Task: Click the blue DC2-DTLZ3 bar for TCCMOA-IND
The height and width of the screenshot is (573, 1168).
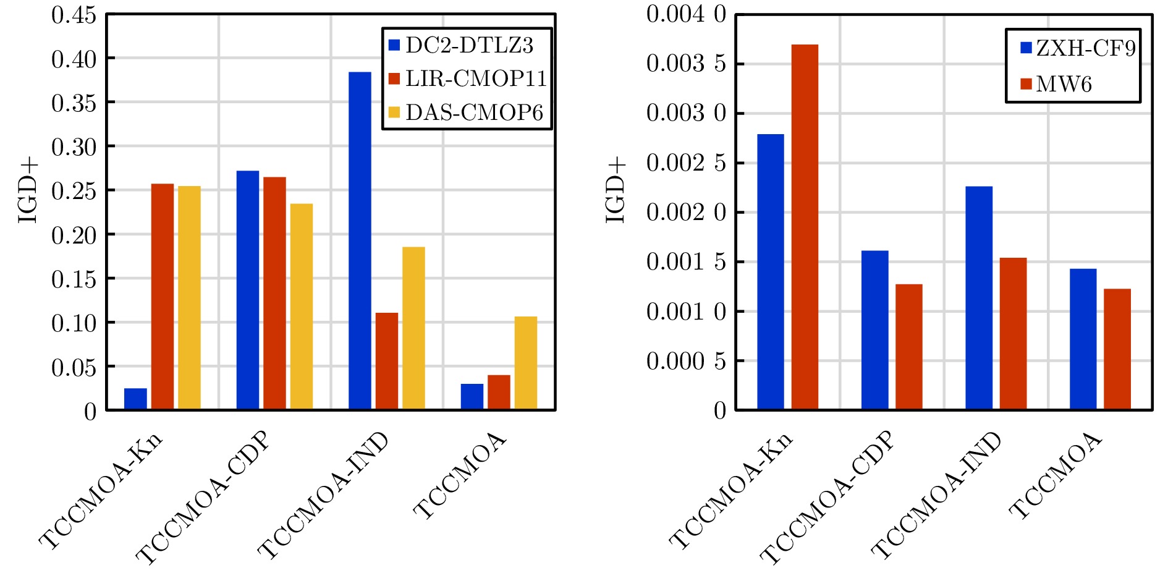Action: click(360, 241)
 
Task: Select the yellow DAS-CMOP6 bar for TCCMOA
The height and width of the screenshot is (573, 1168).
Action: click(525, 363)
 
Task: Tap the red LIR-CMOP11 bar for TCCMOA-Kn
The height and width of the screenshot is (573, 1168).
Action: click(163, 297)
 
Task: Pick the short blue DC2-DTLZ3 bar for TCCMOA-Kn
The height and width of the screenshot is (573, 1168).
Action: click(135, 399)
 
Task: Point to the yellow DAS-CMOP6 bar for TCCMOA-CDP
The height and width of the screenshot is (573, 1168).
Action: click(302, 307)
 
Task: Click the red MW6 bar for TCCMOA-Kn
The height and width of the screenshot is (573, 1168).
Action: click(805, 227)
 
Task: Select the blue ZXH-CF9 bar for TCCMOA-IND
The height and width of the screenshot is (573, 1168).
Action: click(979, 298)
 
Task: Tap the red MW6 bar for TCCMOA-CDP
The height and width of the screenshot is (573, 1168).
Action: click(909, 347)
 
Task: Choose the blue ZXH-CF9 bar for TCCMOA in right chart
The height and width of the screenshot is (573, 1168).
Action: click(1083, 339)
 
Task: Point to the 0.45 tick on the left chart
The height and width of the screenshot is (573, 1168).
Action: click(74, 15)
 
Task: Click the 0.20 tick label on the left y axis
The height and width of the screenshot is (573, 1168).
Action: click(74, 235)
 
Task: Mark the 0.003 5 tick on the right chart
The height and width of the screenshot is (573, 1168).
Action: click(686, 64)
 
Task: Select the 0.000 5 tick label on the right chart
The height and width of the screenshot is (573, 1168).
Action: click(686, 361)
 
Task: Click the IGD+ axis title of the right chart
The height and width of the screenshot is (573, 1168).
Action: click(616, 190)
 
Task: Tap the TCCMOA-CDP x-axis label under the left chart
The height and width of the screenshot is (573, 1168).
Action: click(204, 498)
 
